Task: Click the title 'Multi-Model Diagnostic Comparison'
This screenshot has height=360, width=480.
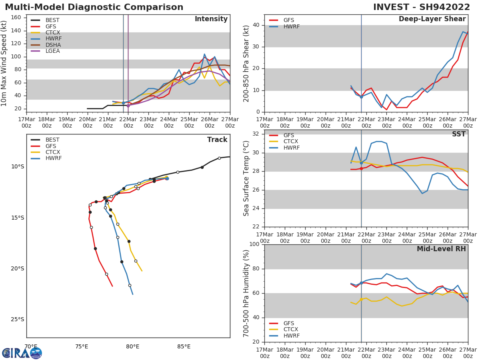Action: coord(94,7)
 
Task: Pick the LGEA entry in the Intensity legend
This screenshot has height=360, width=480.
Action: coord(52,51)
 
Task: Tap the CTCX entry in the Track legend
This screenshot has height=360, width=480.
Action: coord(52,152)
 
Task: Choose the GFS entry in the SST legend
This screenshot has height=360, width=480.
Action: coord(288,135)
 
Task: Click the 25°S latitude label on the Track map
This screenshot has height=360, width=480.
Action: coord(18,319)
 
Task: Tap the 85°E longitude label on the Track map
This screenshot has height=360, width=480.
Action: coord(184,346)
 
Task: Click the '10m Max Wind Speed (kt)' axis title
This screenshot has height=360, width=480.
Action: coord(4,63)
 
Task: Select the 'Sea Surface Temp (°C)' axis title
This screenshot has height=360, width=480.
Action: coord(246,178)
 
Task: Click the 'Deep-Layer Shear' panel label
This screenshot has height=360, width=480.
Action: coord(432,19)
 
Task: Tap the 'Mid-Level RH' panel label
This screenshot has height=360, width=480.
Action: coord(441,249)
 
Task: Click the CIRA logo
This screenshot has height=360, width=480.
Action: coord(22,353)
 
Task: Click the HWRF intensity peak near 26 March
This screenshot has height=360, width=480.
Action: coord(204,54)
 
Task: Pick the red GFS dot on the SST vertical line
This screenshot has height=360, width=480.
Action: coord(361,168)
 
